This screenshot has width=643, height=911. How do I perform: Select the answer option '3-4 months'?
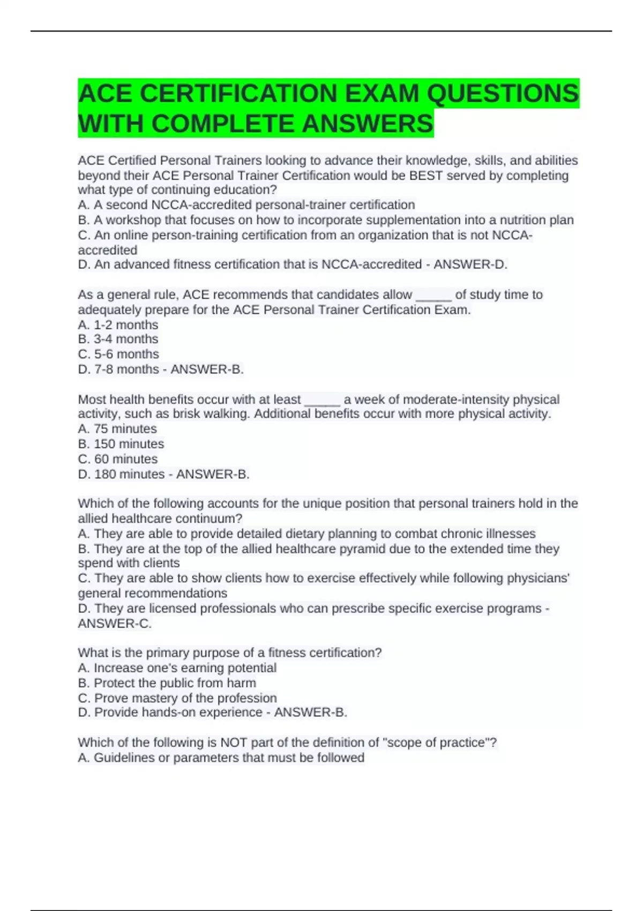pos(126,339)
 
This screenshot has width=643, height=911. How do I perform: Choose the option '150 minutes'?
pos(129,444)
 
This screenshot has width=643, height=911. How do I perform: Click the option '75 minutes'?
pos(125,429)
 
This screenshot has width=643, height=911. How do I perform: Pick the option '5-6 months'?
pos(126,354)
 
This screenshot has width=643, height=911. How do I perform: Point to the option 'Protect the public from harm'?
pos(175,683)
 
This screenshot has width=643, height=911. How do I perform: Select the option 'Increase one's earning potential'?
pos(185,668)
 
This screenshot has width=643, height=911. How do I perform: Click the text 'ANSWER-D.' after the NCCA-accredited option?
pos(470,264)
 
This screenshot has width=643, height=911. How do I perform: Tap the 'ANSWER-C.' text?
pos(115,623)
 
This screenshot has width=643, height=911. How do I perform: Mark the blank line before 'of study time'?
pos(433,296)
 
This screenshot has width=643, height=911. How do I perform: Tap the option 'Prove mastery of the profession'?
pos(185,698)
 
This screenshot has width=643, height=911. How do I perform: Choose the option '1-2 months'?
pos(126,325)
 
